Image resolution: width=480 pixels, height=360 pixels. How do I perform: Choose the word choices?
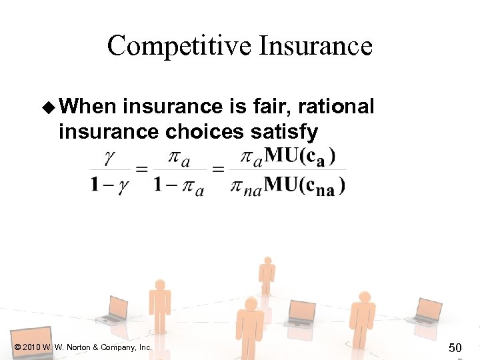click(204, 131)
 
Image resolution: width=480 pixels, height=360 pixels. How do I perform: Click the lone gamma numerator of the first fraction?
click(109, 157)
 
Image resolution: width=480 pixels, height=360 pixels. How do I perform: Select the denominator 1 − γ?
click(108, 185)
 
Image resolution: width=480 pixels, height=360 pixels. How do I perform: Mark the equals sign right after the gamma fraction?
click(141, 171)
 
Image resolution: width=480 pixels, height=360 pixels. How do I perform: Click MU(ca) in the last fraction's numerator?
click(299, 157)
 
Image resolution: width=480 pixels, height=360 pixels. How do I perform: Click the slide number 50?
click(455, 347)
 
